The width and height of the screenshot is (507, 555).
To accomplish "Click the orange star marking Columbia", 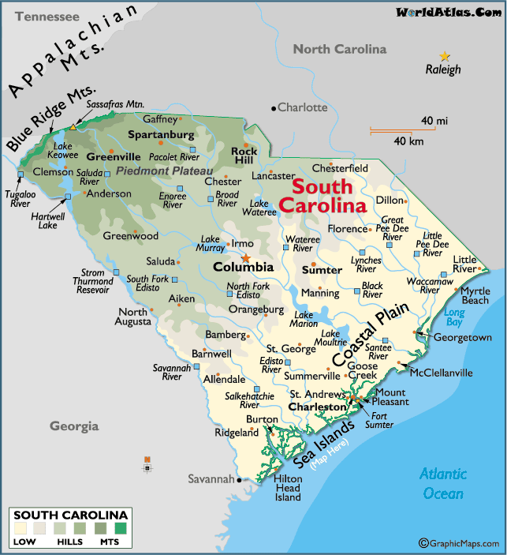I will (245, 257).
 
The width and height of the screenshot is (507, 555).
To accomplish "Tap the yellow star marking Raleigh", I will (445, 56).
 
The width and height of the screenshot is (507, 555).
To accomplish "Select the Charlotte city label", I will (302, 107).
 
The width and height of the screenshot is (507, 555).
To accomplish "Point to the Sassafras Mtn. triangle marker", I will (73, 126).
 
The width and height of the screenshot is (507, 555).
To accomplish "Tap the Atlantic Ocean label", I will (442, 483).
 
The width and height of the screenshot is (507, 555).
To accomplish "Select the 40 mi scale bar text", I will (434, 120).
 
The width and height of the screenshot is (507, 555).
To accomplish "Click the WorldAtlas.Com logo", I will (448, 12).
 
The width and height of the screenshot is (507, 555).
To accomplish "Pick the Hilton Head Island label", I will (287, 488).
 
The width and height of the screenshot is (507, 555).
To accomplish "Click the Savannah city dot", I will (239, 479).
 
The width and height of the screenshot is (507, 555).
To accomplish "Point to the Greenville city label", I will (91, 156).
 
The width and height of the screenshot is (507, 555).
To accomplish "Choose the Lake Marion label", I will (304, 320).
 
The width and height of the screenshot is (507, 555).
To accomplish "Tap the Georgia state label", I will (74, 426).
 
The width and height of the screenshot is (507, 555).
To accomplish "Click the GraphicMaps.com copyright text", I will (461, 543).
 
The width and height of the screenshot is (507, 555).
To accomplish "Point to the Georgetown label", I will (462, 337).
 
